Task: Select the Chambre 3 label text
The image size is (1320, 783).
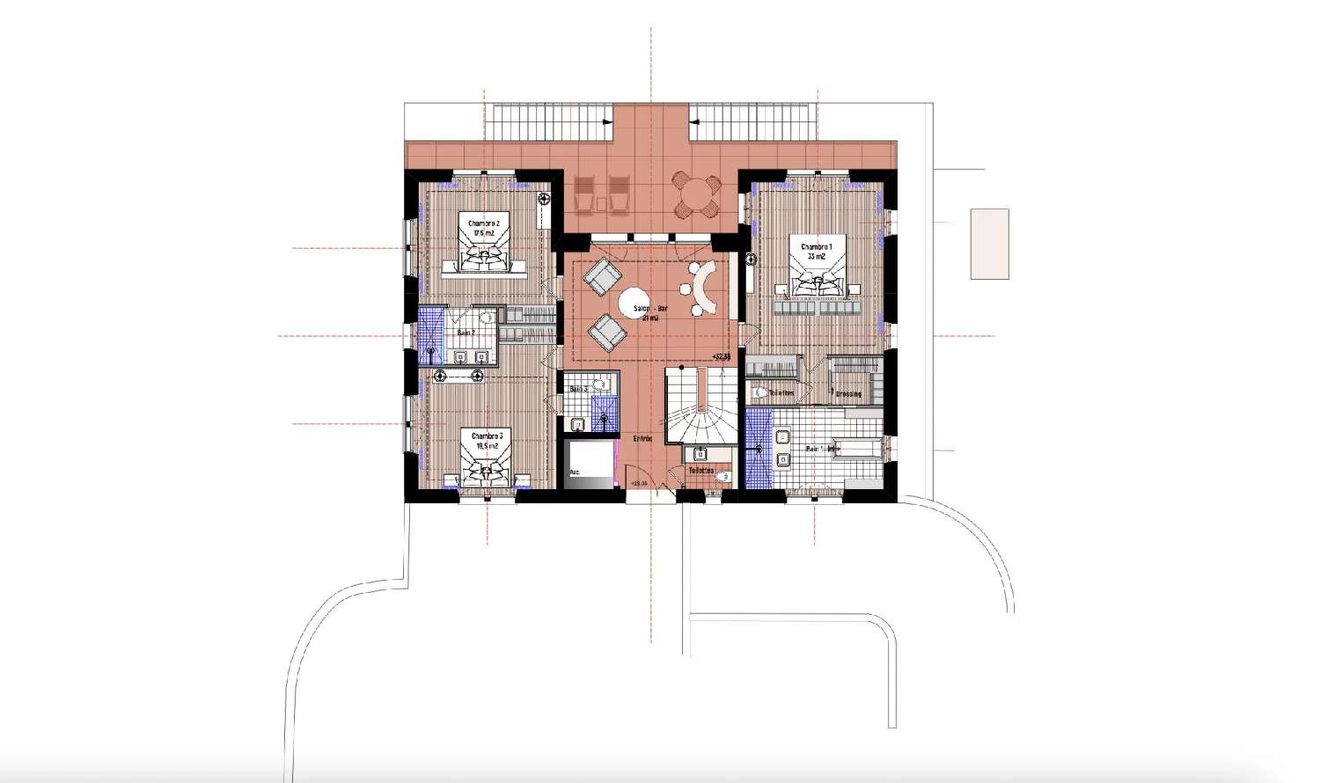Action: [x=487, y=441]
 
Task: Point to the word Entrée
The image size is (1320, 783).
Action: [x=642, y=438]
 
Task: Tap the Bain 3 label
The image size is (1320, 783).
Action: [x=578, y=389]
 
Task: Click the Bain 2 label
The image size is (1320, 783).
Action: [x=466, y=333]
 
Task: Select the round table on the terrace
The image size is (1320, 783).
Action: [x=696, y=195]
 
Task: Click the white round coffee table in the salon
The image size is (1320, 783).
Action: [x=639, y=304]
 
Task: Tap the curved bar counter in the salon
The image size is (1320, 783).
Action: [x=705, y=289]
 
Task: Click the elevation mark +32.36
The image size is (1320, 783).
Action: [x=722, y=355]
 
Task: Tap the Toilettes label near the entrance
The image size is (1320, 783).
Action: [x=700, y=470]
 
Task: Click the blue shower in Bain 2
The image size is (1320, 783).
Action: [x=430, y=335]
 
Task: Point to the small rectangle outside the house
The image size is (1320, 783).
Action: [x=989, y=244]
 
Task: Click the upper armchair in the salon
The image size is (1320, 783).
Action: [x=603, y=277]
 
